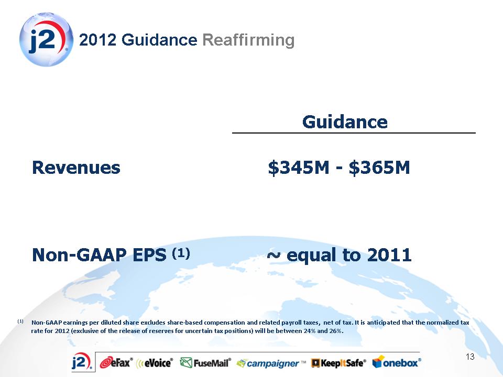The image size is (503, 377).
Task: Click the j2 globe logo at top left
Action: [46, 40]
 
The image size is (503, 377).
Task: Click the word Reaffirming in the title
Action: [248, 40]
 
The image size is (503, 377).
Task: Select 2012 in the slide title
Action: [97, 40]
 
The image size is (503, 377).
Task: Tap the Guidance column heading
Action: [345, 122]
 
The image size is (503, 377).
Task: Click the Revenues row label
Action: [76, 168]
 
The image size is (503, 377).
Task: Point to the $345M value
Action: [299, 168]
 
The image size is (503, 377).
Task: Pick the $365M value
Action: [379, 168]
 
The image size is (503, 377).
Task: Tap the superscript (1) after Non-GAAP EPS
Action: [181, 253]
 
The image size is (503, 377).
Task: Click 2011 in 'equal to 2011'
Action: [389, 255]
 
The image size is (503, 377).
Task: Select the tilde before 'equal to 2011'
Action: [274, 255]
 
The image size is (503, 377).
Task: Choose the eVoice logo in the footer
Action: [155, 362]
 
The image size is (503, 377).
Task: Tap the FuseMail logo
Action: [205, 362]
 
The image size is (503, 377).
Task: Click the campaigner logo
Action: [271, 363]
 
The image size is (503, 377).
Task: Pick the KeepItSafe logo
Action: [339, 363]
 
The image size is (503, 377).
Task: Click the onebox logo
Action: [397, 362]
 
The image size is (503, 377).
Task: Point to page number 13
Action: [470, 357]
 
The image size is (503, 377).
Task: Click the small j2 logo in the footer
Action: [82, 362]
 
